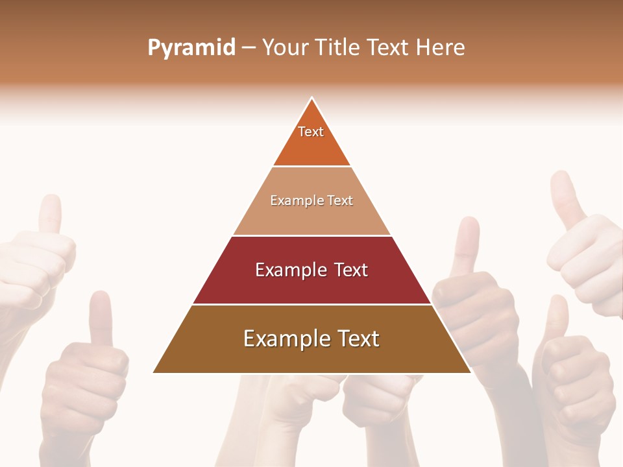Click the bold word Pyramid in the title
[x=191, y=48]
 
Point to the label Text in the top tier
[x=311, y=132]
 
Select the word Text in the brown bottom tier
[x=353, y=339]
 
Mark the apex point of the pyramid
[x=312, y=98]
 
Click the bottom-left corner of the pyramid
[x=154, y=372]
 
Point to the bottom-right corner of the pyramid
[x=470, y=372]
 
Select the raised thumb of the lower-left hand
[x=100, y=318]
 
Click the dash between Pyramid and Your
[x=249, y=48]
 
